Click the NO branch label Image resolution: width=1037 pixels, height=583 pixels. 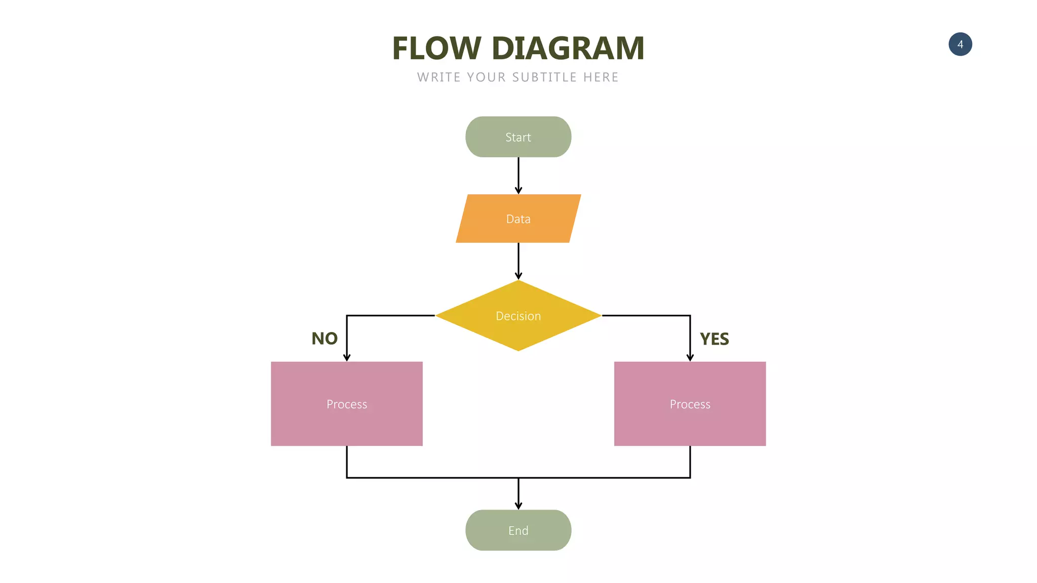coord(325,339)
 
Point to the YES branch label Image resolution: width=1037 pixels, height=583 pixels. coord(714,339)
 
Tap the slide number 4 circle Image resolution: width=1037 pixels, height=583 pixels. coord(960,45)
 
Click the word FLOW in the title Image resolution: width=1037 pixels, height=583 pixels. coord(436,49)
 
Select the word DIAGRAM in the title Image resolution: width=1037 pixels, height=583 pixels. coord(568,49)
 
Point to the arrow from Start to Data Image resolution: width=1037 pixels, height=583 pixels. coord(518,175)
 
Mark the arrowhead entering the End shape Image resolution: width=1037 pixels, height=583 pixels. coord(518,506)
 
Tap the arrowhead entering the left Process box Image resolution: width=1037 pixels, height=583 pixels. coord(346,357)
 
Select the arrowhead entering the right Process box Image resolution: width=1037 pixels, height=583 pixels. coord(690,357)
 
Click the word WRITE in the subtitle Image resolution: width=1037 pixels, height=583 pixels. coord(438,77)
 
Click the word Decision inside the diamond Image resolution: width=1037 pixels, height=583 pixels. coord(518,316)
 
